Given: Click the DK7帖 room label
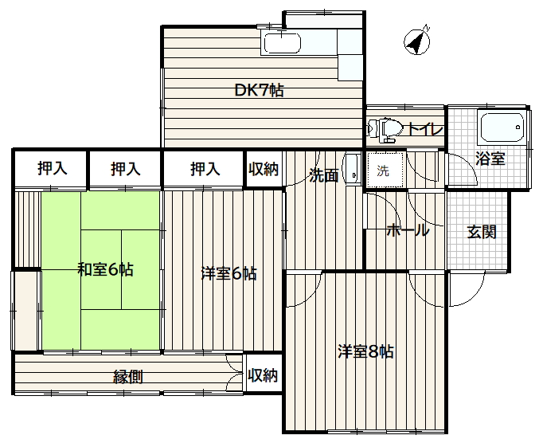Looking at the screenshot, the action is pyautogui.click(x=259, y=91).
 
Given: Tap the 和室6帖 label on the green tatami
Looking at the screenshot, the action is pyautogui.click(x=105, y=269).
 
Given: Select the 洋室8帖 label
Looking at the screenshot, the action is pyautogui.click(x=365, y=351).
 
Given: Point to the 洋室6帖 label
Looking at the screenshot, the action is pyautogui.click(x=228, y=274).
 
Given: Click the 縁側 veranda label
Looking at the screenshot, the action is pyautogui.click(x=128, y=378).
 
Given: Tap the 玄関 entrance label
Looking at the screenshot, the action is pyautogui.click(x=482, y=232).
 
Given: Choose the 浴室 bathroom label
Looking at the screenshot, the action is pyautogui.click(x=490, y=159).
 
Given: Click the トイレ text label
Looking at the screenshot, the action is pyautogui.click(x=425, y=129).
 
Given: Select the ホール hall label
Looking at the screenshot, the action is pyautogui.click(x=408, y=230).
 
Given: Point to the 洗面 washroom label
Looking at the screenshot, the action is pyautogui.click(x=324, y=175).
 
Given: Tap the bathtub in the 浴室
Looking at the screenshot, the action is pyautogui.click(x=502, y=127).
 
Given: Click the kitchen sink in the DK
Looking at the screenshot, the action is pyautogui.click(x=282, y=43).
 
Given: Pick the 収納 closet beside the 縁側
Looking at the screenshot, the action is pyautogui.click(x=264, y=375).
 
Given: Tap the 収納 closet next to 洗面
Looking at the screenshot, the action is pyautogui.click(x=264, y=169).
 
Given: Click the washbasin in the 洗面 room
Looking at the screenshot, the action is pyautogui.click(x=353, y=170).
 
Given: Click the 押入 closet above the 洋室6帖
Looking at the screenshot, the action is pyautogui.click(x=205, y=169).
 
